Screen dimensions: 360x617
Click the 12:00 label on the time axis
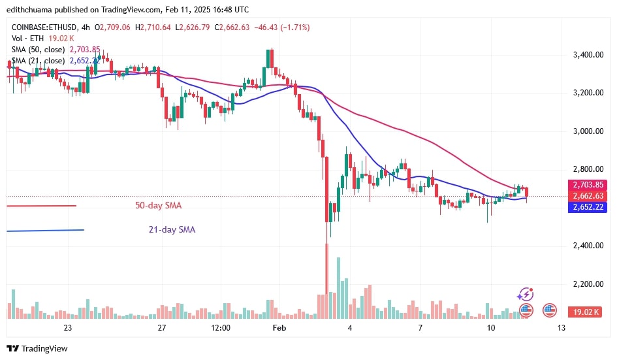tap(221, 327)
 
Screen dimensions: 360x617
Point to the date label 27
tap(161, 327)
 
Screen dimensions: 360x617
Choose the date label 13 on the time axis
tap(562, 327)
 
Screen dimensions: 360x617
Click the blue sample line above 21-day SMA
tap(45, 230)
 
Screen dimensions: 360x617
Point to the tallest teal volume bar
tap(338, 287)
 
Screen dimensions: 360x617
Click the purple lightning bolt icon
tap(527, 295)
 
